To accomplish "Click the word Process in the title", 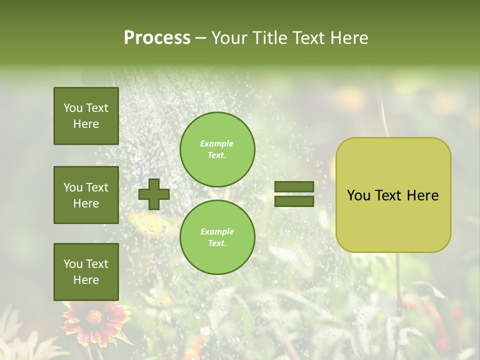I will (157, 38).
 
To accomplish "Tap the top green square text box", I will (86, 116).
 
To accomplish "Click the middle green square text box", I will (86, 195).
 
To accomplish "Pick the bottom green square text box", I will (86, 272).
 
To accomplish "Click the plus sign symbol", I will (154, 194).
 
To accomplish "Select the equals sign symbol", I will (294, 194).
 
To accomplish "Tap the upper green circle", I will (217, 149).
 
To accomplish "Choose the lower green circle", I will (217, 237).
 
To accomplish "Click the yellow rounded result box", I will (393, 195).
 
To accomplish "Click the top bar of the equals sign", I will (294, 186).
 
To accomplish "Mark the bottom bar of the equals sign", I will (294, 201).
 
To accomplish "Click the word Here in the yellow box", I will (422, 195).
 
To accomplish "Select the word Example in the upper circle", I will (217, 143).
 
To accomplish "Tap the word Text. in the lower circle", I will (217, 243).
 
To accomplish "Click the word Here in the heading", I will (348, 38).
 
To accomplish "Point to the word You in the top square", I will (72, 108).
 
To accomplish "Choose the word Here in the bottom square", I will (86, 280).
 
